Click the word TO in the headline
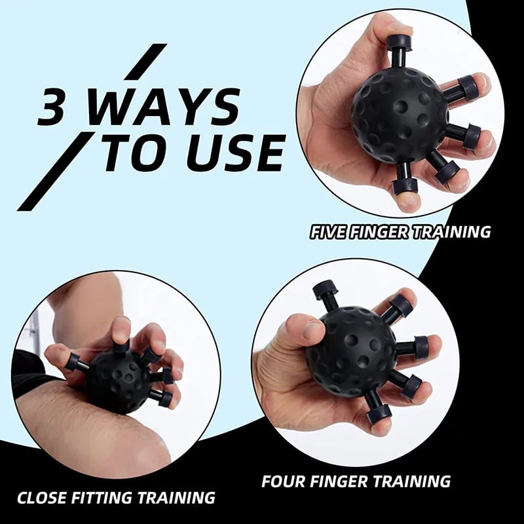(134, 153)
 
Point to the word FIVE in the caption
(331, 231)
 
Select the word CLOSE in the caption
(43, 498)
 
